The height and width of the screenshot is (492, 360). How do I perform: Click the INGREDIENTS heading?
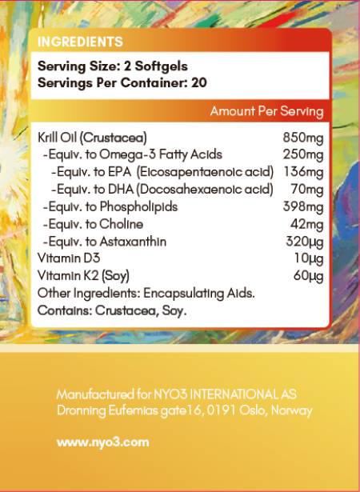coord(80,42)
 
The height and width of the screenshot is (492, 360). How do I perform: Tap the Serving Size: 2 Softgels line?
coord(113,66)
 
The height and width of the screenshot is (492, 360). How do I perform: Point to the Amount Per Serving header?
coord(266,111)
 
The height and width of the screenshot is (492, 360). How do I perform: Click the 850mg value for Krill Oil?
coord(303,138)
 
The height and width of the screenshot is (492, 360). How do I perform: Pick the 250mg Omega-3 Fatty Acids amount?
coord(303,154)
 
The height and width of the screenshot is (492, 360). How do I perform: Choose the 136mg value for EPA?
coord(303,172)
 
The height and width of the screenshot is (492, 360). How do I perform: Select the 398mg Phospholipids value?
coord(303,207)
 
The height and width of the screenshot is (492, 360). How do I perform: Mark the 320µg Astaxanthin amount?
coord(304,242)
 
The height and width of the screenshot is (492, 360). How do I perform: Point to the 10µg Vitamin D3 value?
coord(309,259)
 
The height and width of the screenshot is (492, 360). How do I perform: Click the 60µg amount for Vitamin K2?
coord(308,277)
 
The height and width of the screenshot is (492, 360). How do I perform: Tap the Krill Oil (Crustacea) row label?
coord(92,138)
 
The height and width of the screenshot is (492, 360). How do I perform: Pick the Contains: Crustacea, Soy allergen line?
coord(112,311)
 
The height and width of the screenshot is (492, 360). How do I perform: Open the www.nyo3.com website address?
coord(92,441)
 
